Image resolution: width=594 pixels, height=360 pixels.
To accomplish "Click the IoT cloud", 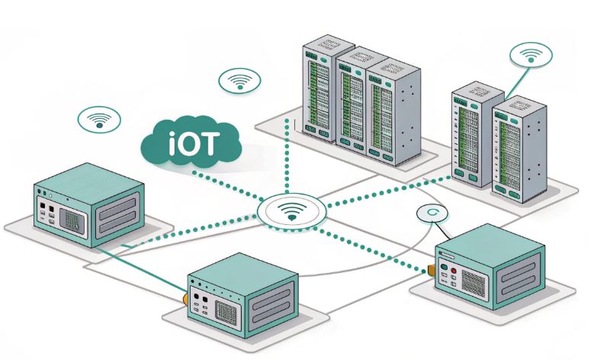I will pos(191,143).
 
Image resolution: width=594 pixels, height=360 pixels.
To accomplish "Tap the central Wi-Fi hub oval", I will pos(291,210).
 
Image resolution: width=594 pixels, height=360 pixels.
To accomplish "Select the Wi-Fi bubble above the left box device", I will pos(99,119).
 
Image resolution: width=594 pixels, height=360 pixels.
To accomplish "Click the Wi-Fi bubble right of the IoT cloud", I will pos(239,79).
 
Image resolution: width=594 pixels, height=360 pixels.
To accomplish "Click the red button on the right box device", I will pos(453,271).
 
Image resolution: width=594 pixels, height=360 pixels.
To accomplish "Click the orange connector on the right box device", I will pos(432,269).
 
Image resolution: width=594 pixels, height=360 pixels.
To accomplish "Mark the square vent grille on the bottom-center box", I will pos(227,311).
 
